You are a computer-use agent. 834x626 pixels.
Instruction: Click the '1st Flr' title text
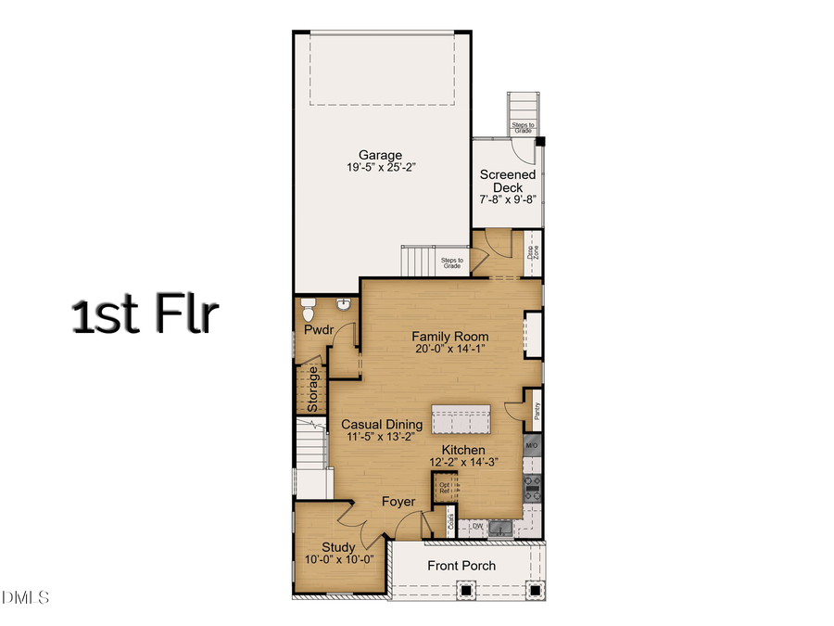point(145,315)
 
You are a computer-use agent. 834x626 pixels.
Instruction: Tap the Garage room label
point(381,156)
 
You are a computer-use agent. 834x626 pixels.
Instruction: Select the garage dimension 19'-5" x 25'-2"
point(381,169)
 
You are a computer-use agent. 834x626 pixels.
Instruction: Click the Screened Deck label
point(507,181)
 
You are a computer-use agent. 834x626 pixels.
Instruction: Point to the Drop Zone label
point(532,251)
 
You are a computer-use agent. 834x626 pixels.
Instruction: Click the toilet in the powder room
point(309,304)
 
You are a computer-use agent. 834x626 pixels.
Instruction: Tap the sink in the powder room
point(344,303)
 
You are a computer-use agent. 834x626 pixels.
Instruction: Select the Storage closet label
point(313,390)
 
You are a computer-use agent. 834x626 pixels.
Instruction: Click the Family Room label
point(450,337)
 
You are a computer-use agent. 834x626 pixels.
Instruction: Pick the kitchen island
point(464,419)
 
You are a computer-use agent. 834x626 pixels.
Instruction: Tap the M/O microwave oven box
point(532,447)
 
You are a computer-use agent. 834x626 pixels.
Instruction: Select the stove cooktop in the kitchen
point(533,482)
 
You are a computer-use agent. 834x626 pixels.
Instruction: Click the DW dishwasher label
point(478,527)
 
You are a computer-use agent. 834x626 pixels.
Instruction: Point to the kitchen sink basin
point(501,528)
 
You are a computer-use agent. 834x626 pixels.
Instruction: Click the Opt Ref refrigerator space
point(446,487)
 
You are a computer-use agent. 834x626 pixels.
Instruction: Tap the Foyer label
point(398,502)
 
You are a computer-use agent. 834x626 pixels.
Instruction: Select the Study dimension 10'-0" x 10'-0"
point(339,559)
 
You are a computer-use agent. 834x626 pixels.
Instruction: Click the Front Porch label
point(461,566)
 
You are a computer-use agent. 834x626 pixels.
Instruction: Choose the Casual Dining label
point(382,425)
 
